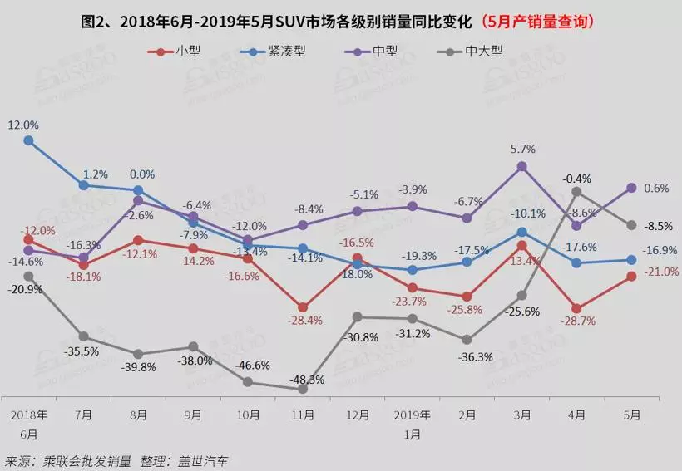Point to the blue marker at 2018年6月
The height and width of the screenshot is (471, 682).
point(28,140)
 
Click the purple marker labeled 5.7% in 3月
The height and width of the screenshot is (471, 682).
point(522,166)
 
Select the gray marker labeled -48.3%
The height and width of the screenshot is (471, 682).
point(303,389)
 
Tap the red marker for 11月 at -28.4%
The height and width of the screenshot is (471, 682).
point(303,307)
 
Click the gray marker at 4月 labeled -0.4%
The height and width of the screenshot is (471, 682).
point(577,192)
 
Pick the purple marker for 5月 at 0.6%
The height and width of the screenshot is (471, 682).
point(632,188)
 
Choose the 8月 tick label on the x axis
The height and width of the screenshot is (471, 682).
point(138,414)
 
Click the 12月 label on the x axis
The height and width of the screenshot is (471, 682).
point(358,414)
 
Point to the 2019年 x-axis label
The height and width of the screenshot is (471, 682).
point(412,414)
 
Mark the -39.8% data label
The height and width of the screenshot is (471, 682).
point(138,368)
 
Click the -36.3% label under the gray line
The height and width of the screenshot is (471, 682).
point(467,357)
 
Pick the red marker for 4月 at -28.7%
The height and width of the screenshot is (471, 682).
point(577,307)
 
